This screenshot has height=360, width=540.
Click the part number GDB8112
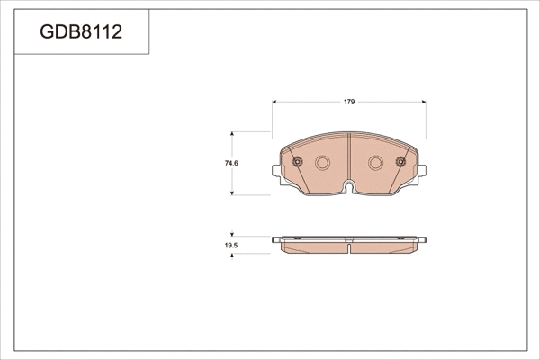click(x=81, y=33)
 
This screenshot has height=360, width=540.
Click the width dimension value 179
click(x=348, y=102)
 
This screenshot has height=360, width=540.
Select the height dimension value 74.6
click(x=230, y=163)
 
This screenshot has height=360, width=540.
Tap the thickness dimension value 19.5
click(x=230, y=246)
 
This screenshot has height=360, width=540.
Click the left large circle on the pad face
click(x=322, y=163)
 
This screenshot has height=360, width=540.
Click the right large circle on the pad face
click(x=376, y=163)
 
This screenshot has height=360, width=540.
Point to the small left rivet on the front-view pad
click(x=298, y=163)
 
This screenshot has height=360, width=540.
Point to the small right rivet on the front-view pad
click(x=400, y=163)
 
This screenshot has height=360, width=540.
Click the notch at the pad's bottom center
click(x=349, y=187)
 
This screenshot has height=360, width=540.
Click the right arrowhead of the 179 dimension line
click(x=424, y=102)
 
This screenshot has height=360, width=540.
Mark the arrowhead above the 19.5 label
click(x=234, y=234)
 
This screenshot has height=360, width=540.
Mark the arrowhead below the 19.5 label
click(x=234, y=256)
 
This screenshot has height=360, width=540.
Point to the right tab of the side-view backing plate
click(x=421, y=239)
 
